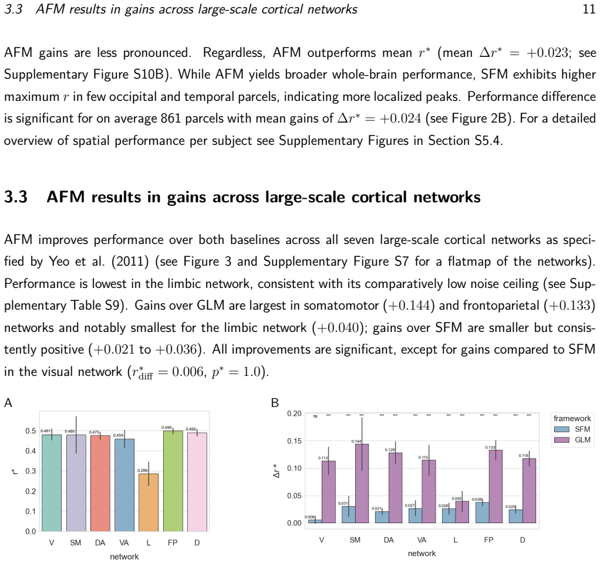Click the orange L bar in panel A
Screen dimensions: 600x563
click(x=149, y=502)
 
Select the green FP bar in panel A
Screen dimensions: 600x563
click(x=173, y=481)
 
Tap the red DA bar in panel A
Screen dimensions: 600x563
click(x=100, y=483)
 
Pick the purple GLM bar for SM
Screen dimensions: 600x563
click(x=362, y=483)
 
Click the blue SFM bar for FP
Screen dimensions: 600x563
click(x=482, y=513)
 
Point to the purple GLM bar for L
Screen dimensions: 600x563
click(x=462, y=512)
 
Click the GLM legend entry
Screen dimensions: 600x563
click(x=572, y=440)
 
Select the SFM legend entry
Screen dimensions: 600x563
click(x=572, y=429)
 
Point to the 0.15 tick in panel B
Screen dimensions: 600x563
click(x=294, y=440)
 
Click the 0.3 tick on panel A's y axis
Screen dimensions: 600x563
click(x=31, y=471)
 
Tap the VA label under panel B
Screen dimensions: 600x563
click(x=422, y=540)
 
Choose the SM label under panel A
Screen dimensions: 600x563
click(x=75, y=542)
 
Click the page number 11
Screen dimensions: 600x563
click(x=589, y=9)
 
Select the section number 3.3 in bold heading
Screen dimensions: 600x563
click(x=16, y=197)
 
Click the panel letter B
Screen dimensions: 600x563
click(x=275, y=403)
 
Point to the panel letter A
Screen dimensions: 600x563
click(x=8, y=403)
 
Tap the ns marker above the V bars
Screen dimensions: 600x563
click(x=315, y=416)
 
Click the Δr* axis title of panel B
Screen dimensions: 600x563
click(x=277, y=471)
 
